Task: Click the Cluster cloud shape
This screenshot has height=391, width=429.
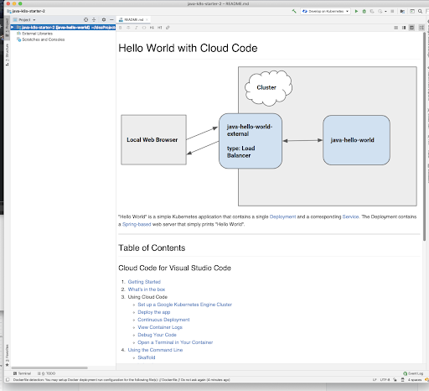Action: (x=266, y=87)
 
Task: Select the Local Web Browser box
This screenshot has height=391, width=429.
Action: (x=152, y=139)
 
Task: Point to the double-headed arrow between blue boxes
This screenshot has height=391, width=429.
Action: (x=302, y=140)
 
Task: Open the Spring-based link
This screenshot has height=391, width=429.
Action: (x=137, y=225)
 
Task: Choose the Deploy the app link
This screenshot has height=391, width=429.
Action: (x=155, y=311)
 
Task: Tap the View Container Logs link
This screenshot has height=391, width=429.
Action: (x=161, y=326)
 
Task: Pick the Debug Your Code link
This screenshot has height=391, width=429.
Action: (x=158, y=334)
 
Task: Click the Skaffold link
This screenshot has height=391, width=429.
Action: (x=147, y=357)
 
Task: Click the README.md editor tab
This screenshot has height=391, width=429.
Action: (x=133, y=18)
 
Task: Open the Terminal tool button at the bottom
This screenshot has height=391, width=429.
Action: (x=24, y=373)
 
